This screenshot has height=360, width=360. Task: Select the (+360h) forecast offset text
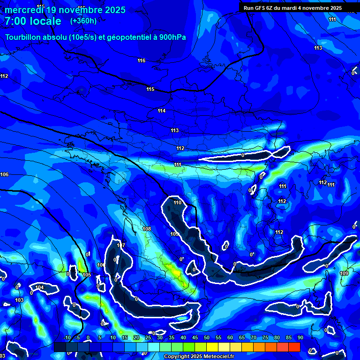[x=83, y=21]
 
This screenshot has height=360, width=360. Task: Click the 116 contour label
[x=142, y=60]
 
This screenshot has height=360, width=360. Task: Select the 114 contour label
[x=162, y=111]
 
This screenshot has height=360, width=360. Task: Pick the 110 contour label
[x=177, y=202]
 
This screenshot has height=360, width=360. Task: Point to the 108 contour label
[x=147, y=229]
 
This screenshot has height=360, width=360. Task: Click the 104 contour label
[x=39, y=287]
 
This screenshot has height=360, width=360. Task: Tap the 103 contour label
[x=19, y=300]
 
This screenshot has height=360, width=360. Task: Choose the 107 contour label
[x=121, y=245]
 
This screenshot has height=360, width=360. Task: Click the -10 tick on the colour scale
[x=67, y=338]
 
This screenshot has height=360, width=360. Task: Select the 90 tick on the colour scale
[x=300, y=338]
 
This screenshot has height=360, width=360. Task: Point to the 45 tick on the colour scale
[x=195, y=338]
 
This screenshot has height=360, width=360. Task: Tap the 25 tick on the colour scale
[x=148, y=338]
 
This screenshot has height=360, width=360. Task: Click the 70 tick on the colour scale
[x=253, y=338]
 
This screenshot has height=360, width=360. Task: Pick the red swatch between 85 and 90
[x=294, y=347]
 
